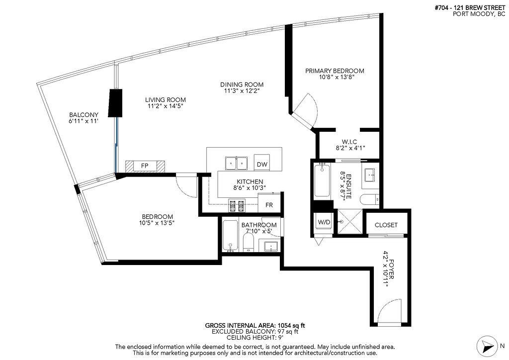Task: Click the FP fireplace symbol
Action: click(145, 166)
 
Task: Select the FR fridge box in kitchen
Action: click(269, 204)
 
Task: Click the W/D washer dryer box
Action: click(324, 222)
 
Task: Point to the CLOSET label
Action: click(386, 225)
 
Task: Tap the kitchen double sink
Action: click(237, 164)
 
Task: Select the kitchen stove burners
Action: click(237, 204)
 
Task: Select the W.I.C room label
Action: click(347, 142)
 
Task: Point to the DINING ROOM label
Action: click(242, 85)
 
